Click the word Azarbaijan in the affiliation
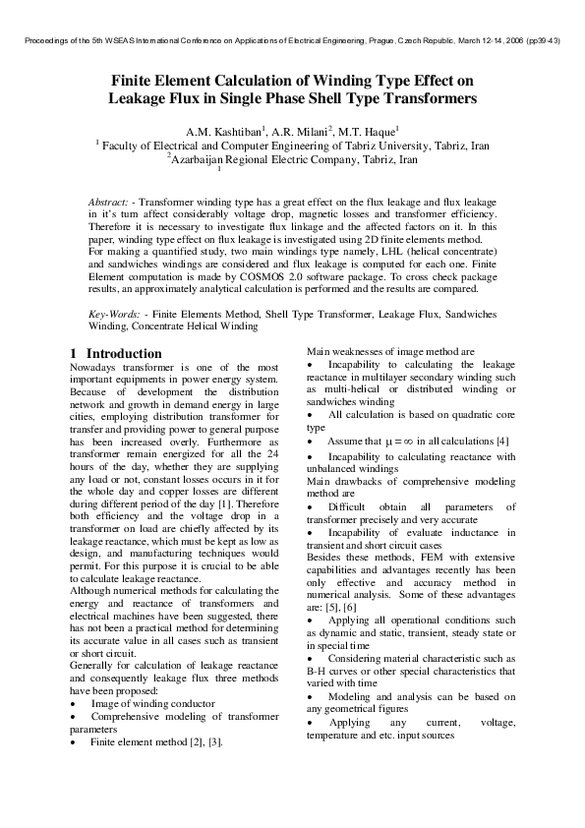[206, 158]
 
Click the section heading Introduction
[124, 353]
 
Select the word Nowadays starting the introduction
[98, 367]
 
